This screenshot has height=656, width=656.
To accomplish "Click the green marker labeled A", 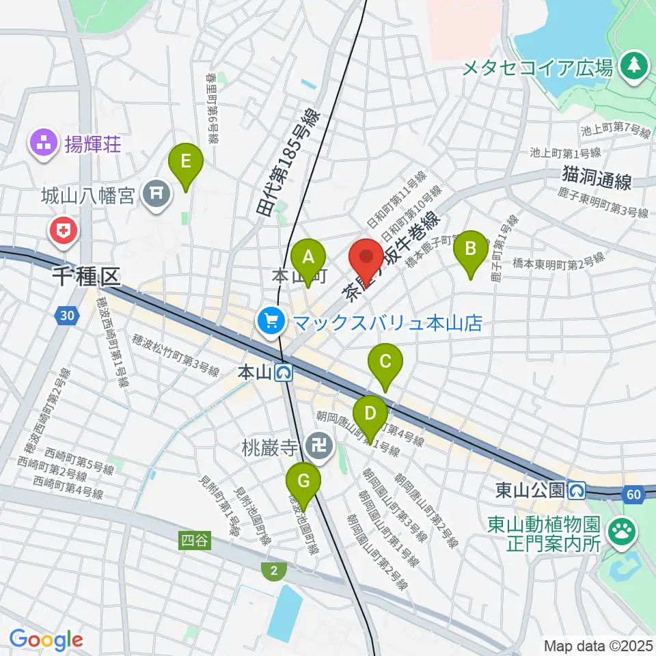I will click(308, 258).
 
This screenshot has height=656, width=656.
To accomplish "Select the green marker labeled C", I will click(385, 361).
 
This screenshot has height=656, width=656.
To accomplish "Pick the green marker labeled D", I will click(370, 414).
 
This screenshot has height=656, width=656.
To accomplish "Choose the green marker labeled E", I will click(186, 162).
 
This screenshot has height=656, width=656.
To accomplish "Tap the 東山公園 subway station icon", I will click(577, 490).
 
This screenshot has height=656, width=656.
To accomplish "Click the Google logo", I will click(46, 640).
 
